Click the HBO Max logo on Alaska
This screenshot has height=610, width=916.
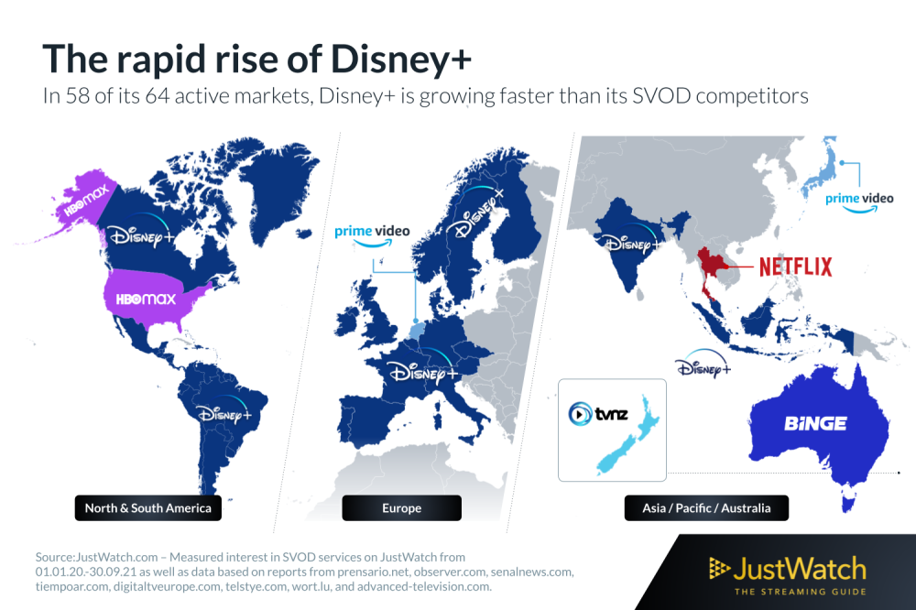[x=86, y=201]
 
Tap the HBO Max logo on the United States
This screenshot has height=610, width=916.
[x=146, y=300]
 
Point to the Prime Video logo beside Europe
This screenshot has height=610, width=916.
[x=372, y=234]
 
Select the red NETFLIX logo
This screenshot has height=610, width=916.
[x=796, y=267]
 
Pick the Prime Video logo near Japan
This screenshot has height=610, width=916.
[x=859, y=202]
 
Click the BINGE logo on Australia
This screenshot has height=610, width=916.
[x=815, y=423]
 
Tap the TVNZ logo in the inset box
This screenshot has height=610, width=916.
[x=598, y=414]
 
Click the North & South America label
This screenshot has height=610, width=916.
[x=147, y=507]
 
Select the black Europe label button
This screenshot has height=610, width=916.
[x=401, y=507]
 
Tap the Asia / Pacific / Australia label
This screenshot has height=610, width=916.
[x=706, y=507]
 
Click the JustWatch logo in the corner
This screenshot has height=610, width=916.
[x=788, y=575]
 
